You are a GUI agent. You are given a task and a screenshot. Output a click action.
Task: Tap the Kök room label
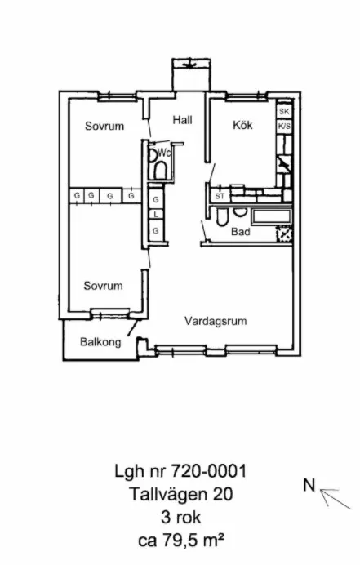point(242,125)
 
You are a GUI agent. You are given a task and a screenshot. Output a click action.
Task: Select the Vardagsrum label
point(215,321)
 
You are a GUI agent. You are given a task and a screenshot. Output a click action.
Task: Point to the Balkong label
point(100,343)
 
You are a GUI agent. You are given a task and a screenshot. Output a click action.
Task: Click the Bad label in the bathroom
point(239,232)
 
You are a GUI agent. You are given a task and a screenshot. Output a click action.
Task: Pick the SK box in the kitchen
point(284,111)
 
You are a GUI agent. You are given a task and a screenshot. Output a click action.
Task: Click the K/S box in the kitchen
point(284,127)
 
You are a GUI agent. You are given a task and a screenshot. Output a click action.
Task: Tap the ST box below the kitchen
point(219,197)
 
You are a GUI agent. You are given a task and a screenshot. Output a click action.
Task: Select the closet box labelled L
point(155,215)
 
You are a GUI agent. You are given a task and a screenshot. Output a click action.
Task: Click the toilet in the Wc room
point(161,169)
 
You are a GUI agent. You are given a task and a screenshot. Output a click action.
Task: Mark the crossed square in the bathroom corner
point(284,234)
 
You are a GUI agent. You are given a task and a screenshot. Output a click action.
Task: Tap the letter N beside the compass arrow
point(309,485)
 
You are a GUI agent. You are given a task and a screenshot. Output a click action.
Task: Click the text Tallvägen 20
point(180,492)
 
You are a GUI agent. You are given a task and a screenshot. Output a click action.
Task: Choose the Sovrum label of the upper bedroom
point(104,127)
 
